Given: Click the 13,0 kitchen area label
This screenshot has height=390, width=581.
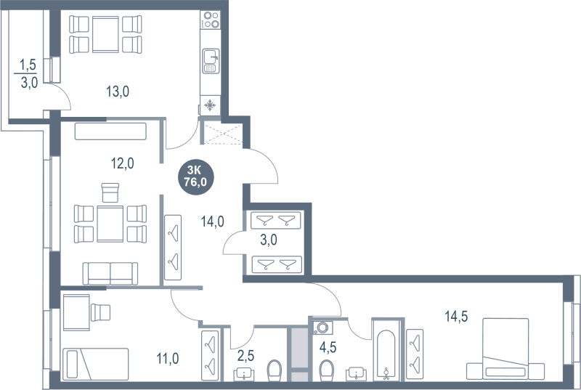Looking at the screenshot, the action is tap(118, 91).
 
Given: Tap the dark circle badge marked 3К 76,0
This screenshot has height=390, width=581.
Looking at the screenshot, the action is tap(195, 176).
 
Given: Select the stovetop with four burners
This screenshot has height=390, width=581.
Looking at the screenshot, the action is tap(211, 20).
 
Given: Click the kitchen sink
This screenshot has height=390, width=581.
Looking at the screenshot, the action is tap(211, 61).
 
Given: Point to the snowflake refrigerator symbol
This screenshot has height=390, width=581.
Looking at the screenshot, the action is tap(210, 105).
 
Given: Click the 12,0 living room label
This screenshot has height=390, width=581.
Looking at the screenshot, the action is tap(123, 163).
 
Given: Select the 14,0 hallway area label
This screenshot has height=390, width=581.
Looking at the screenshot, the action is tap(212, 222).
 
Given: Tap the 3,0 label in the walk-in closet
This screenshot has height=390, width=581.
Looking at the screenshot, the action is tap(269, 240).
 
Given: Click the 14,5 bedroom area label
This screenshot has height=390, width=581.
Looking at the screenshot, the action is tap(456, 317).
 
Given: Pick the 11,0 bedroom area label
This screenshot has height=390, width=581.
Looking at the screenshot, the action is tap(168, 359).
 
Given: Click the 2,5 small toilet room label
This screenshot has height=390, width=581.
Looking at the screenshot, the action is tap(245, 356).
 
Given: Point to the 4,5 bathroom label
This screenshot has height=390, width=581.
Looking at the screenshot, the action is tap(328, 347).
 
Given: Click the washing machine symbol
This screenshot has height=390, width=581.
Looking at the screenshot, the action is tap(322, 328).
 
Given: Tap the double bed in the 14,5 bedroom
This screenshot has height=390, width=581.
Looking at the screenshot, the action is tap(505, 349).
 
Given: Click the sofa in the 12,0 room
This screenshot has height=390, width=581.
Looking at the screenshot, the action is tap(110, 273).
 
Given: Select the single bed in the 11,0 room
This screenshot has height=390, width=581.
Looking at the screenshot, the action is tap(96, 364).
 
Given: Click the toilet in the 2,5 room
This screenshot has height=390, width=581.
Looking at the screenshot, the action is tap(275, 370).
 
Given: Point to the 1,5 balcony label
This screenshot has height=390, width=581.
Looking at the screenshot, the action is tap(28, 65).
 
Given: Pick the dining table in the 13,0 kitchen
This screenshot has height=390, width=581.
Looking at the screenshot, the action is tap(105, 34).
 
